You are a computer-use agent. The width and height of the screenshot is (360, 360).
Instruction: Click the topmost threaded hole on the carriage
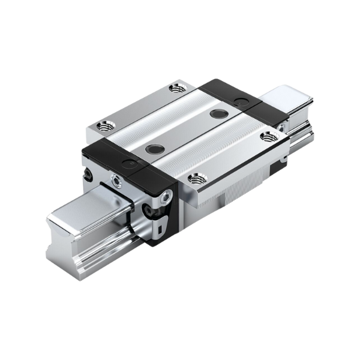click(176, 88)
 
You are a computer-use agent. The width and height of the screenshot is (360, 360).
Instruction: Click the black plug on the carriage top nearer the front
click(155, 148)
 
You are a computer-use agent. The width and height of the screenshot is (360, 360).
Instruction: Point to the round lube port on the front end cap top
click(128, 163)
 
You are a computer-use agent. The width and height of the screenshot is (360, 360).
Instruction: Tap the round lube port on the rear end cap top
click(241, 100)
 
